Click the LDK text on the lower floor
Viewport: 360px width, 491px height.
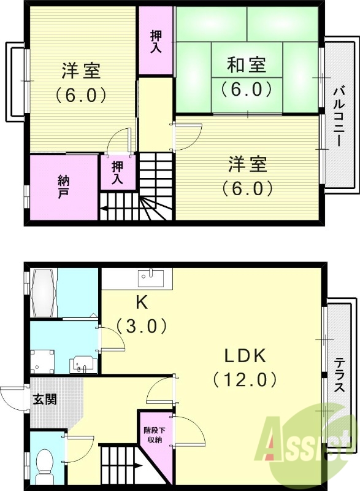[x=243, y=356]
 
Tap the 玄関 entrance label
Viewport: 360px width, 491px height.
[x=45, y=400]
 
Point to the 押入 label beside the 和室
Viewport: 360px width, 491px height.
[x=156, y=41]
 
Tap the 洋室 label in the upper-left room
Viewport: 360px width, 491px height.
[x=81, y=71]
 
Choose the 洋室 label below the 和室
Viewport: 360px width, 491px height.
[x=248, y=165]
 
